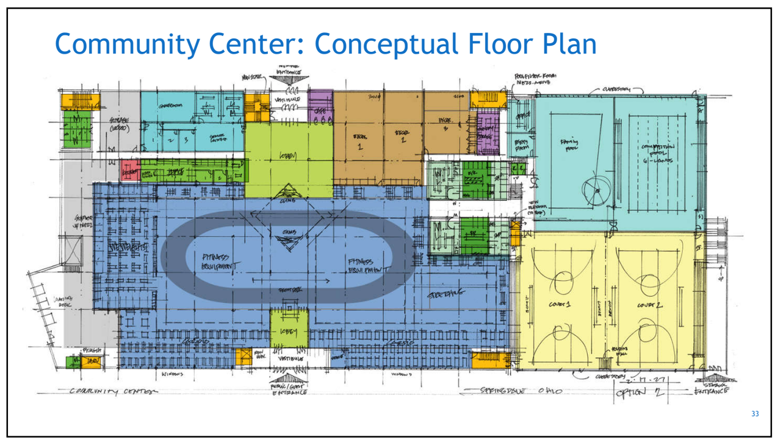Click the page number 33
pos(755,414)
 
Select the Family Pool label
pos(569,144)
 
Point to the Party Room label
pos(522,144)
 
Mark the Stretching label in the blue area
pos(445,293)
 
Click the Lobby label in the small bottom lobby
pos(289,332)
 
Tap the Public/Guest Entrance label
pos(287,388)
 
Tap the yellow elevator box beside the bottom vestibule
pos(244,357)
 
